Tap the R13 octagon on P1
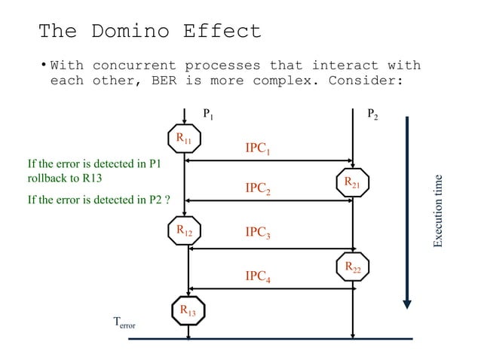(x=188, y=310)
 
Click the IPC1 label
(x=258, y=148)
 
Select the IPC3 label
(x=258, y=233)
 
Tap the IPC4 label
(x=258, y=277)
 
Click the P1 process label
(x=208, y=114)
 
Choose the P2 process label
(x=373, y=114)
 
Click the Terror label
(x=124, y=324)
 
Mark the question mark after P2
(x=167, y=200)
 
